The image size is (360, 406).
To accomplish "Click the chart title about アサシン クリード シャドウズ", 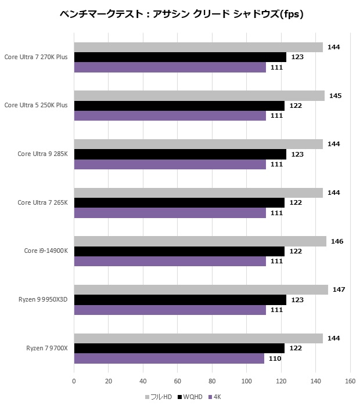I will [x=181, y=13].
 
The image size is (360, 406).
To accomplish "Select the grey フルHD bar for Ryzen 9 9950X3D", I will [x=201, y=289].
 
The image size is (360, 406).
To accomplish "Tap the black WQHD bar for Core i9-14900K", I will [x=179, y=251].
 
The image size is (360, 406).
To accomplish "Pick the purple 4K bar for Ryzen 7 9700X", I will [x=169, y=358].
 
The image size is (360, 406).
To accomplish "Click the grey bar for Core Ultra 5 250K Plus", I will [x=199, y=96].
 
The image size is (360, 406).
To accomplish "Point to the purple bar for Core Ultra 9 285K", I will [x=170, y=164].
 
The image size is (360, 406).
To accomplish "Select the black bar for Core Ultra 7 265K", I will [x=179, y=202].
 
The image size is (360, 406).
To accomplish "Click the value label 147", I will [x=339, y=289].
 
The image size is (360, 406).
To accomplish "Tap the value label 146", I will [x=337, y=241].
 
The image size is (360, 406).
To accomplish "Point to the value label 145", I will [x=336, y=96].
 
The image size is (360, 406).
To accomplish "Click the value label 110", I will [x=275, y=358].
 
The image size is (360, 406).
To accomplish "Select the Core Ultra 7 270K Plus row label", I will [x=36, y=57].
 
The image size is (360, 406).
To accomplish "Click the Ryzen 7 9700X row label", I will [x=47, y=348].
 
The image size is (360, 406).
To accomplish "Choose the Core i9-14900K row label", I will [x=46, y=251].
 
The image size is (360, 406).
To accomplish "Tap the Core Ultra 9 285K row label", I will [x=42, y=154].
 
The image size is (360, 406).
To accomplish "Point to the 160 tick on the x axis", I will [x=350, y=381].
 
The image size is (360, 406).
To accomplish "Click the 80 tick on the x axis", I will [x=212, y=381].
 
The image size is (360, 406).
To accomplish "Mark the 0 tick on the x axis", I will [x=74, y=381].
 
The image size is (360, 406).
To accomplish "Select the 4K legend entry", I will [x=214, y=397].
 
